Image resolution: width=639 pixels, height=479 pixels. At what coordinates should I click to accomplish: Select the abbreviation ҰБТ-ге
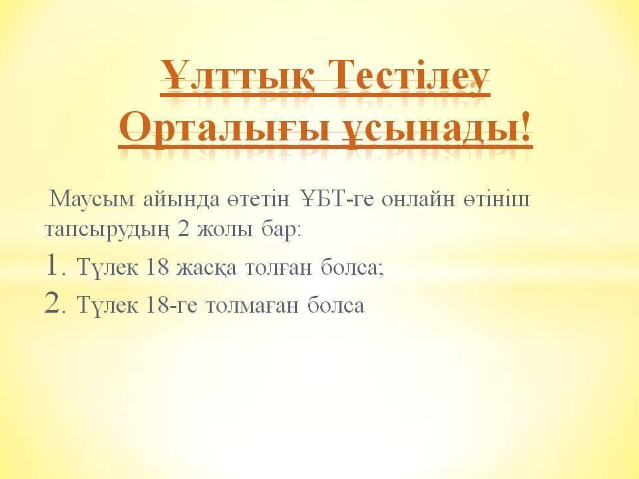[x=337, y=199]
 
